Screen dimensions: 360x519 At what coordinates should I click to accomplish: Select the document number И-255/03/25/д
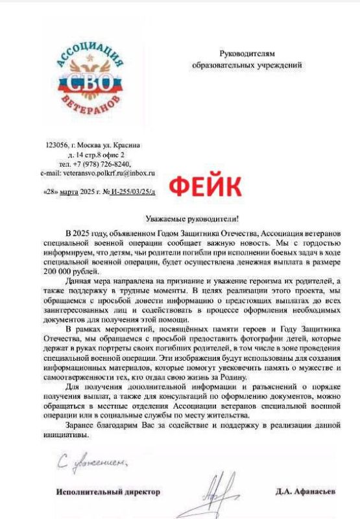click(132, 193)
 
